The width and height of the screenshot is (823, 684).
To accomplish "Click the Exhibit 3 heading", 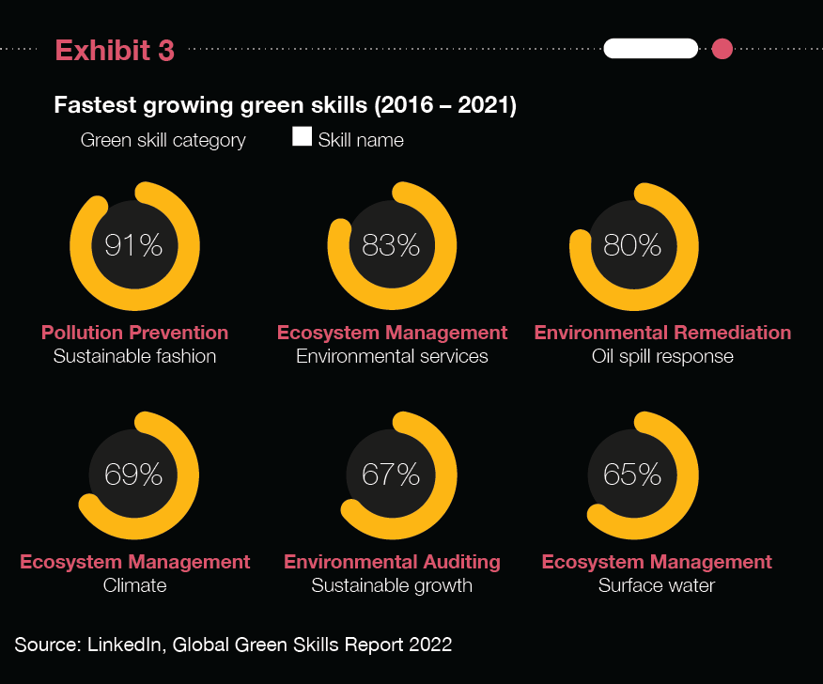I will pos(115,51).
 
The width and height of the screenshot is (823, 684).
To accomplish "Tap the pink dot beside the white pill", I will pos(722,49).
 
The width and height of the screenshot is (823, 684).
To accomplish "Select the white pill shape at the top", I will pos(651,49).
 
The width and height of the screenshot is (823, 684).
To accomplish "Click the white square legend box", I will pos(303,137).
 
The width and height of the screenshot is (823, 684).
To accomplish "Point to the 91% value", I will pos(133,246).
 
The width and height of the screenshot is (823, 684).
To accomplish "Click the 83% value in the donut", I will pos(391,246).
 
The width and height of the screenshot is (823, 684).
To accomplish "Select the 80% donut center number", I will pos(632,246).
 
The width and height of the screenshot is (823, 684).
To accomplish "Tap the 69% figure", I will pos(133,475).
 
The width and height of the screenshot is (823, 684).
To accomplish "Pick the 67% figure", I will pos(391,475).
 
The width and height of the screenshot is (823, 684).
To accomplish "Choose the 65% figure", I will pos(632,475).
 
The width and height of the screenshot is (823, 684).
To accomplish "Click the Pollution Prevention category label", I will pos(134,333).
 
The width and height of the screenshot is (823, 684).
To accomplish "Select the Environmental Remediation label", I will pos(662,333).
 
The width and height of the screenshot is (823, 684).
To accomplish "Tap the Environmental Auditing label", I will pos(392,562).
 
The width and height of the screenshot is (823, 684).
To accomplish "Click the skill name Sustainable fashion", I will pos(134,357).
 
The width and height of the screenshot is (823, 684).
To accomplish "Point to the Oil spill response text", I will pos(662,357).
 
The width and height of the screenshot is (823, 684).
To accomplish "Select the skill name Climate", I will pos(134,586).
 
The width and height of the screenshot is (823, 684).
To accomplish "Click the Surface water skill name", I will pos(657,586).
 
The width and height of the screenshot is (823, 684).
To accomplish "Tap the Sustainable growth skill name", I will pos(392,586).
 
